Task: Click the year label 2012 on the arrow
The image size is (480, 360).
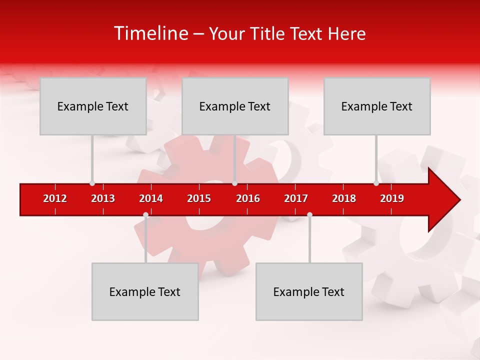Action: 55,198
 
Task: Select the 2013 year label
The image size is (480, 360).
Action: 103,198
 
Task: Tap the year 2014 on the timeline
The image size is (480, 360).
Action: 151,198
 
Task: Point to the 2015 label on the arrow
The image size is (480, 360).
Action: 199,198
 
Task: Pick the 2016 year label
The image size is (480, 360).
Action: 248,198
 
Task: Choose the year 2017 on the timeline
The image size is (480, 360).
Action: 296,198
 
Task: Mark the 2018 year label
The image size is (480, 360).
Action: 344,198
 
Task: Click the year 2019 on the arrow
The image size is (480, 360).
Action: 392,198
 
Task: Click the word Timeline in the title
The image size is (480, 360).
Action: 150,33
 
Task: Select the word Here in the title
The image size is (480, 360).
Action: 346,33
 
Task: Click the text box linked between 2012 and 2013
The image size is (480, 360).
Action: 93,106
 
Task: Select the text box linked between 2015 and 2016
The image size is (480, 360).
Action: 235,106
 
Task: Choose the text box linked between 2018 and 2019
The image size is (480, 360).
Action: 377,106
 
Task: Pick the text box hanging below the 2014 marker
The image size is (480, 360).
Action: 145,291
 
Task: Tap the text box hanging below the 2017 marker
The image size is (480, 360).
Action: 309,291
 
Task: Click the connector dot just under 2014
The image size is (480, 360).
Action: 145,214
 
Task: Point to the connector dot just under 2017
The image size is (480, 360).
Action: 309,214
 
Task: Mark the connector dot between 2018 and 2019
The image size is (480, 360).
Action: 376,183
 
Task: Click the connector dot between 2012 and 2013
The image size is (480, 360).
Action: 92,183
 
